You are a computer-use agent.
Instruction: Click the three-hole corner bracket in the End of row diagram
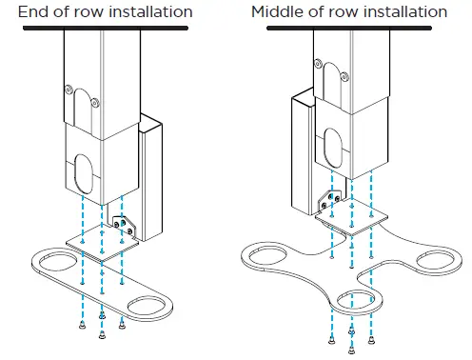(x=125, y=227)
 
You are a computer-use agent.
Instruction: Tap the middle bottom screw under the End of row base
(x=102, y=317)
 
